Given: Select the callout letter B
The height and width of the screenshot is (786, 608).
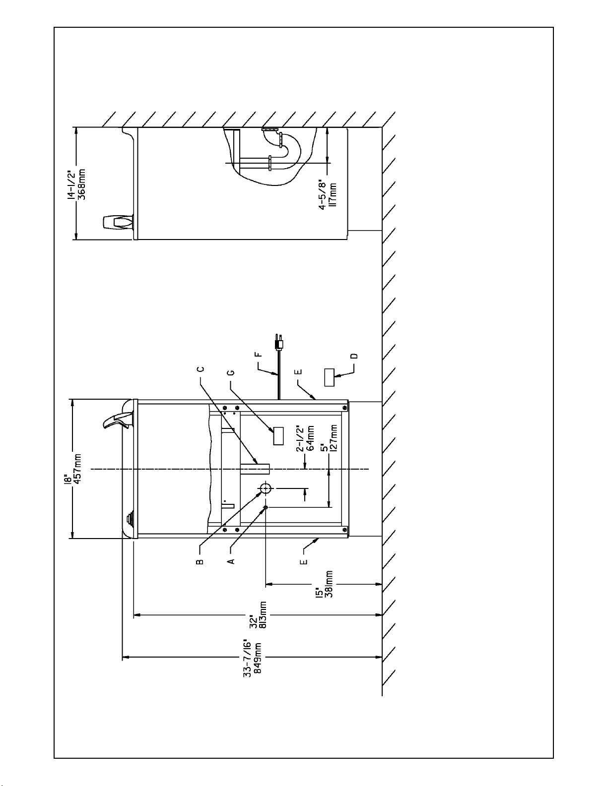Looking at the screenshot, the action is tap(201, 562).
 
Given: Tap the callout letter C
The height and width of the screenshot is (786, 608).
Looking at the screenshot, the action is tap(201, 369).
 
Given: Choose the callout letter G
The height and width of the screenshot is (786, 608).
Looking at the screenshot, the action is tap(232, 372).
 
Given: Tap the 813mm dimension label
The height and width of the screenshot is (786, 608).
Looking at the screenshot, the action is tap(264, 615).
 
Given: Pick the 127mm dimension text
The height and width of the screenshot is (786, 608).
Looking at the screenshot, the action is tap(334, 438).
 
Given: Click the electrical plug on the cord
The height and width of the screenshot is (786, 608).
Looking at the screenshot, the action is tap(278, 342).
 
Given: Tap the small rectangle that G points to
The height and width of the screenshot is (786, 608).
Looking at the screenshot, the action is tap(278, 436).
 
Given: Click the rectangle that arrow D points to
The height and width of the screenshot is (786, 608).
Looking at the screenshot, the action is tap(330, 377).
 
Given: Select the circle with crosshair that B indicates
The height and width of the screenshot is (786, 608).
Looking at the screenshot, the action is tap(267, 488).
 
